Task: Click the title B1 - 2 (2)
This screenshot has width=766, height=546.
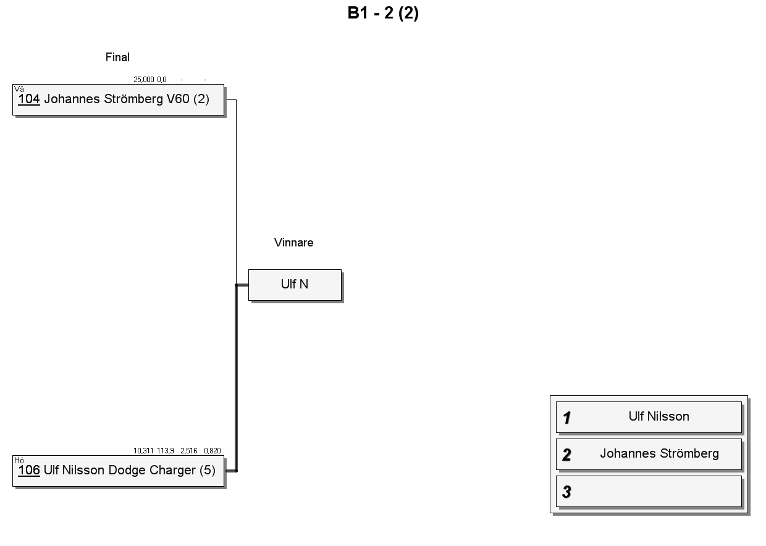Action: click(383, 14)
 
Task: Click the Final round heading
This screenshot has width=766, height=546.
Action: click(117, 57)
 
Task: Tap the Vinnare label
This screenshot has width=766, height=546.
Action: click(293, 242)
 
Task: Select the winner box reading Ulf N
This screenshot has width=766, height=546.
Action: click(295, 285)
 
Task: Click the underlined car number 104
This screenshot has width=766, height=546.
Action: click(29, 99)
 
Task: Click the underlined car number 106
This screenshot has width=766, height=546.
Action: click(29, 470)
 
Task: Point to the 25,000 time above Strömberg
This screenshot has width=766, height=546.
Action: click(143, 80)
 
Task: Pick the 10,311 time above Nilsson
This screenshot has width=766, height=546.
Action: click(143, 451)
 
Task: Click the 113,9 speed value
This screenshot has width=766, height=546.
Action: click(166, 451)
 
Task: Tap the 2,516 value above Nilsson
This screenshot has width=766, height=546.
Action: click(189, 451)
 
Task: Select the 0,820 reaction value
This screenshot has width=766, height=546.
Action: click(213, 451)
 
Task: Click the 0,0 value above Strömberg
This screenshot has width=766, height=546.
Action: click(162, 80)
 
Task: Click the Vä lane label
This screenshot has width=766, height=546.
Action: click(19, 89)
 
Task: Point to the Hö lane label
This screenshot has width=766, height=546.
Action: click(19, 460)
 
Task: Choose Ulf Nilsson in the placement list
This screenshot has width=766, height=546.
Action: click(659, 416)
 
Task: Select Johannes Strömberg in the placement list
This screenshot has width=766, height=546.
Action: click(659, 453)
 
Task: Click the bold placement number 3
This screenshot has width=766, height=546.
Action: click(566, 492)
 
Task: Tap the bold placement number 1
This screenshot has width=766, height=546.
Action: click(566, 418)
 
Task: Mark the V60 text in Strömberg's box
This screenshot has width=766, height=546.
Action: click(178, 99)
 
